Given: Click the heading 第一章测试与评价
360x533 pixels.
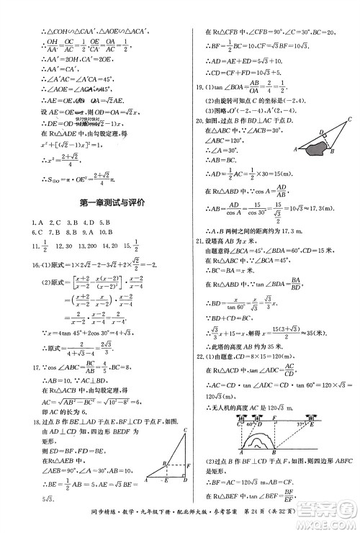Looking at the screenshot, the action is coord(93,203).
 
